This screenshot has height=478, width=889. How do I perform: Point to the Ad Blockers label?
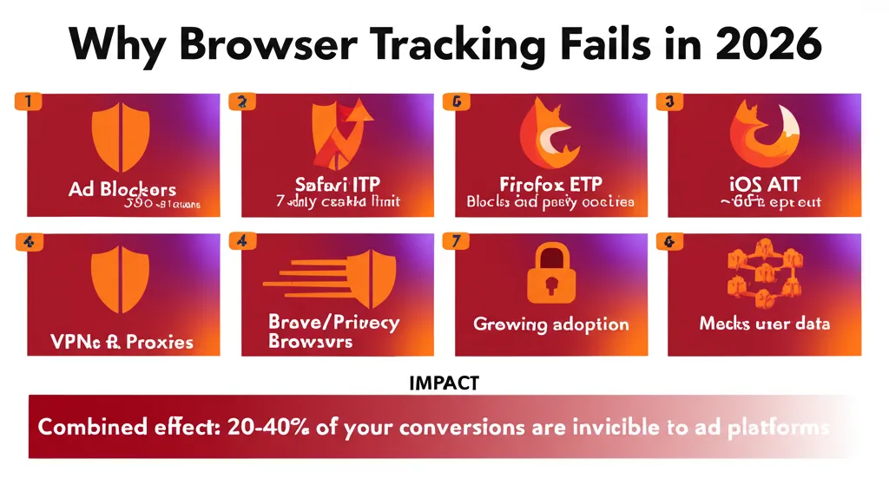pyautogui.click(x=122, y=189)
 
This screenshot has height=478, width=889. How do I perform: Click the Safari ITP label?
pyautogui.click(x=335, y=185)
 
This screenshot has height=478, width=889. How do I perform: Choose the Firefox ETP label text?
pyautogui.click(x=550, y=185)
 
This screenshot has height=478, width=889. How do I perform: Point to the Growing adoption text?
pyautogui.click(x=550, y=324)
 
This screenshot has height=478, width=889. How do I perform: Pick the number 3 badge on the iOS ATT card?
pyautogui.click(x=669, y=101)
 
